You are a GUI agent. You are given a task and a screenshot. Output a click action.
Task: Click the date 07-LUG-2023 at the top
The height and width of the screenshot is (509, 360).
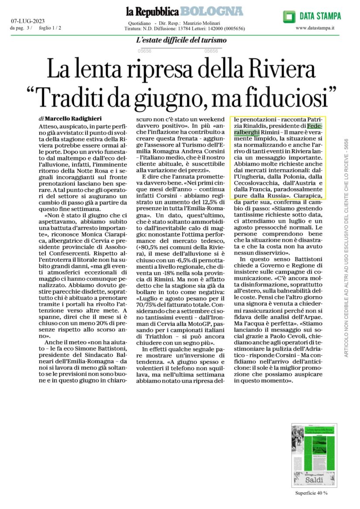pyautogui.click(x=27, y=20)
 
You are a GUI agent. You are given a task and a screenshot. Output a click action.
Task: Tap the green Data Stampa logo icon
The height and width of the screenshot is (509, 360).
pyautogui.click(x=289, y=17)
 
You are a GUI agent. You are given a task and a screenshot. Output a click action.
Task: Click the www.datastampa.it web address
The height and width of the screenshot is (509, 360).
pyautogui.click(x=315, y=28)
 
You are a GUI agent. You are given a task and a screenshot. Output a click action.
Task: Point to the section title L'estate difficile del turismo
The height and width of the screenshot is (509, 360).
pyautogui.click(x=182, y=41)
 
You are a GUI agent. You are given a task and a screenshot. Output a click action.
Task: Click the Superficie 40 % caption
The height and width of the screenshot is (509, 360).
pyautogui.click(x=309, y=493)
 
